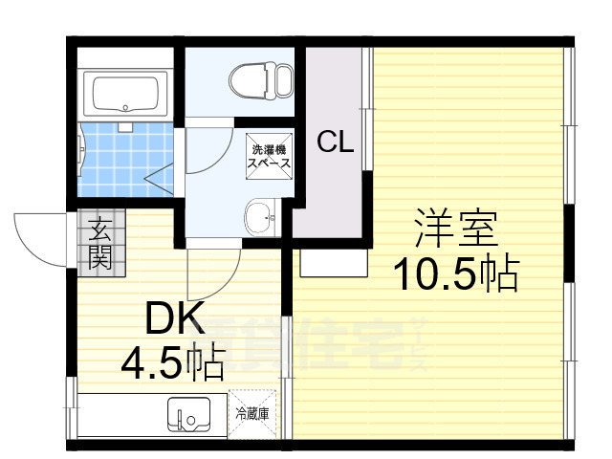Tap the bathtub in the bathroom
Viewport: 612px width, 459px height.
(x=125, y=94)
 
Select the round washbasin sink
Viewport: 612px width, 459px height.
(x=259, y=218)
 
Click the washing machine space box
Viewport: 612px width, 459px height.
(x=271, y=155)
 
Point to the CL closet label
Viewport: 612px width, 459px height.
(x=336, y=143)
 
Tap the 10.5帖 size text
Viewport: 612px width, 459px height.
(x=457, y=275)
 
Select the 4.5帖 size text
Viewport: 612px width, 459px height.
(x=172, y=361)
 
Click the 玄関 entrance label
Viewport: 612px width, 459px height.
(x=100, y=243)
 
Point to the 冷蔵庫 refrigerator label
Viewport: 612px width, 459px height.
(x=252, y=414)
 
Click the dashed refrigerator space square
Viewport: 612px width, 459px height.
(x=252, y=414)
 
